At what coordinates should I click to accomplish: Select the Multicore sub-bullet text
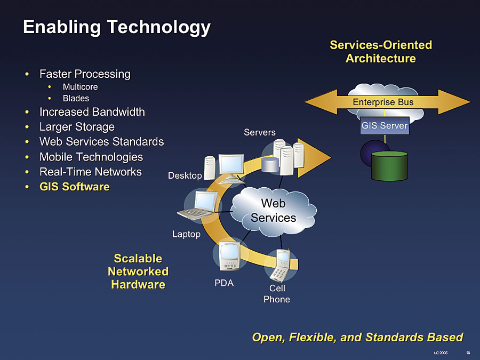(x=80, y=86)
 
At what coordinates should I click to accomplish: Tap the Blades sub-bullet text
(x=76, y=99)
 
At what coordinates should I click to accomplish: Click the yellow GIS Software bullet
(x=74, y=187)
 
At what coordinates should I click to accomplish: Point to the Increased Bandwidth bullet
(x=92, y=112)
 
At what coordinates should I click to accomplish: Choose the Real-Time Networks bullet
(x=90, y=172)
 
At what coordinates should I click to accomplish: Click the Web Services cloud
(x=273, y=211)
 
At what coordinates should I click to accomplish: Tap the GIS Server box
(x=384, y=126)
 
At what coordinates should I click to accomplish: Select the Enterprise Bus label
(x=383, y=102)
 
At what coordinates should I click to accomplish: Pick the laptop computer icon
(x=202, y=207)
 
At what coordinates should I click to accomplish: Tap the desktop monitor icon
(x=231, y=166)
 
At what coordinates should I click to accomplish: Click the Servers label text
(x=260, y=132)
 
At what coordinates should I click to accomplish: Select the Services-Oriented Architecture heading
(x=380, y=52)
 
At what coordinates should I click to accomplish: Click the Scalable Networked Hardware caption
(x=138, y=271)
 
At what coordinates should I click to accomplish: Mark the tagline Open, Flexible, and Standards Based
(x=357, y=337)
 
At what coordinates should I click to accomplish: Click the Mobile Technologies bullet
(x=91, y=157)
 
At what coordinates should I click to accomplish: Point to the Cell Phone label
(x=277, y=294)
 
